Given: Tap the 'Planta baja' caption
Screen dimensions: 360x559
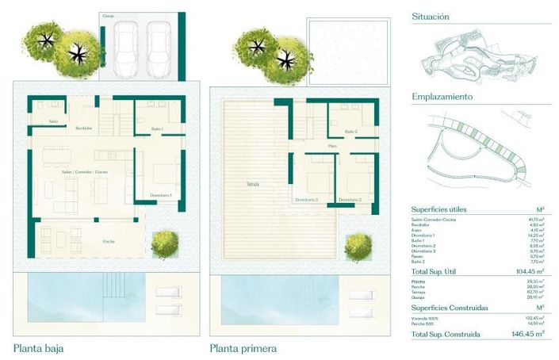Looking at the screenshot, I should pyautogui.click(x=39, y=347).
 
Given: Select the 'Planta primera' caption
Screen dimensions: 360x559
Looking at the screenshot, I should pyautogui.click(x=243, y=347).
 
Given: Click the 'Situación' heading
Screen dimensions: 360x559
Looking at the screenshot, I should pyautogui.click(x=431, y=16).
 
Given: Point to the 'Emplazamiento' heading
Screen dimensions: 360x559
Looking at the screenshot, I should pyautogui.click(x=442, y=97).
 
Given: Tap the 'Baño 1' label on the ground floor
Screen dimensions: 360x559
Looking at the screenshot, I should pyautogui.click(x=156, y=128).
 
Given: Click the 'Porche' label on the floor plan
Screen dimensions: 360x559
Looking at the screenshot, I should pyautogui.click(x=109, y=240).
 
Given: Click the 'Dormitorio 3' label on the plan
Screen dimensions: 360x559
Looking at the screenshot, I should pyautogui.click(x=306, y=200).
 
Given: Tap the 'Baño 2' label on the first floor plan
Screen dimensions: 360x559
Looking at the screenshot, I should pyautogui.click(x=351, y=132).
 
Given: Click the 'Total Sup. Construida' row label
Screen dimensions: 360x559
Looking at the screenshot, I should pyautogui.click(x=446, y=335).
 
